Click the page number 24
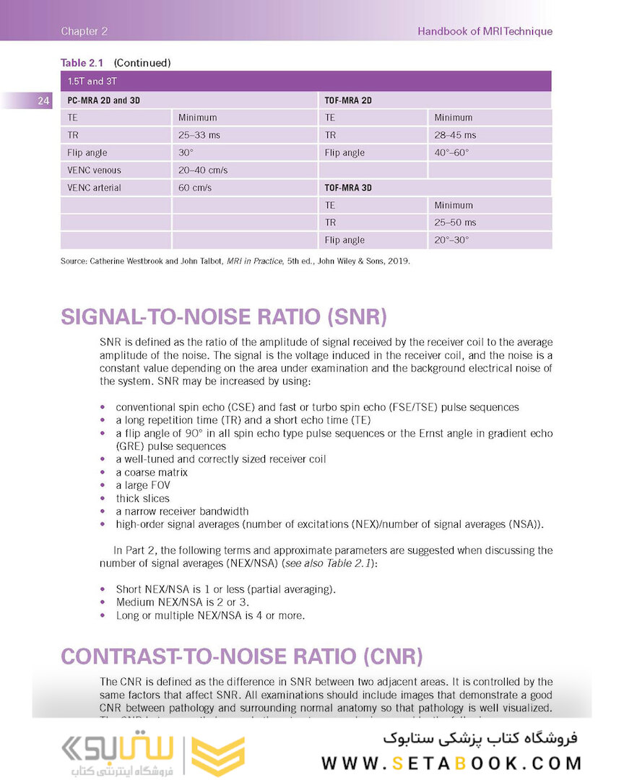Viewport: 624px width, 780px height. click(x=43, y=101)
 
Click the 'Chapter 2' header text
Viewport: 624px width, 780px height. click(x=84, y=31)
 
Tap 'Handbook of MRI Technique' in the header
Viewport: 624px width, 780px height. click(x=485, y=31)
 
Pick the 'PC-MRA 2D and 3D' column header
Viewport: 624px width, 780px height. click(x=104, y=100)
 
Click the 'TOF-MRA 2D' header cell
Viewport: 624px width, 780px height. click(x=348, y=100)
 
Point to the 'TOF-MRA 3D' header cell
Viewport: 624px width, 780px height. click(x=348, y=188)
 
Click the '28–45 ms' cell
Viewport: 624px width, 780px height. click(x=455, y=135)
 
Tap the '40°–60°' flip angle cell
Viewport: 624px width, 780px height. click(x=451, y=153)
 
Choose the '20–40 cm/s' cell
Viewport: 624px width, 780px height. click(x=203, y=170)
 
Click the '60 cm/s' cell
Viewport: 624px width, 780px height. click(x=195, y=188)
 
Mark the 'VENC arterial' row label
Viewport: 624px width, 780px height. click(x=95, y=188)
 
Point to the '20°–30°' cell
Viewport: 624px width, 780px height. click(x=451, y=240)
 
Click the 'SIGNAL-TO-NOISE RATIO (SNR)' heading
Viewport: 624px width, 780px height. click(x=224, y=318)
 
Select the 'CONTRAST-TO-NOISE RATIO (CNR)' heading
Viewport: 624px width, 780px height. click(x=241, y=656)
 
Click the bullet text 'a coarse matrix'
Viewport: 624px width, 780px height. click(x=152, y=472)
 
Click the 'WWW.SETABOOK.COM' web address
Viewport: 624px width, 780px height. click(x=451, y=763)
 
